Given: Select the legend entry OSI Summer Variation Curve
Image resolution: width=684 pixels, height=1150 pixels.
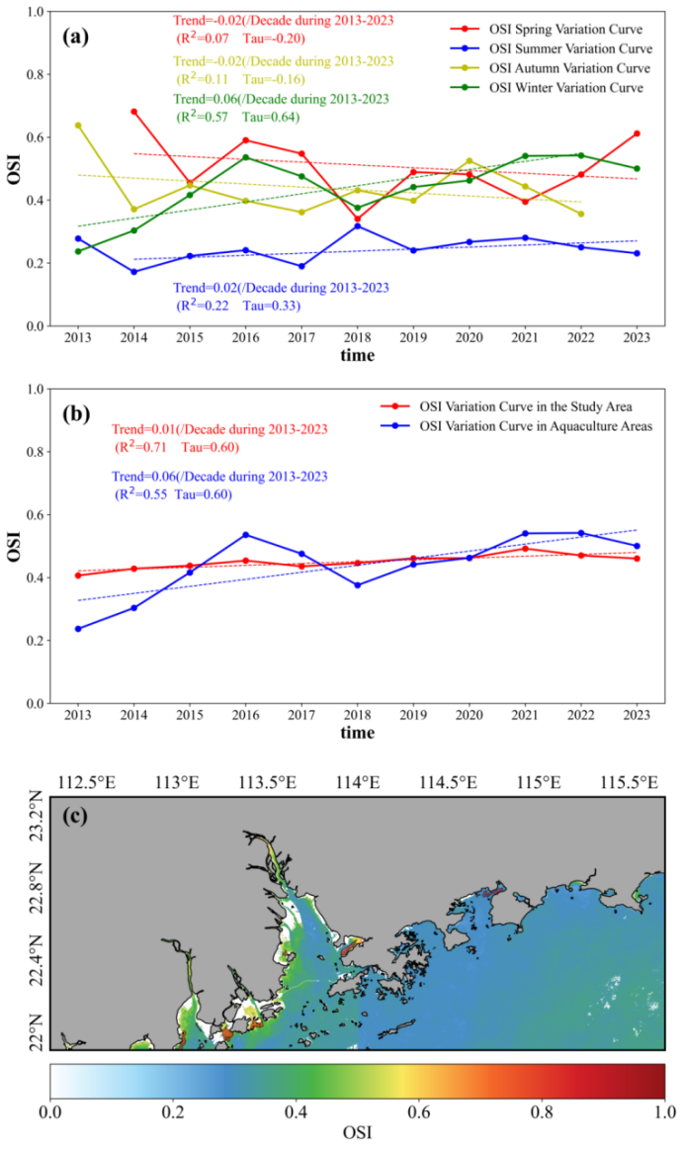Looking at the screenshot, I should (x=570, y=49).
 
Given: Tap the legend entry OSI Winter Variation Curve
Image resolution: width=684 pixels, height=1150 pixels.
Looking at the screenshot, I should (x=566, y=88).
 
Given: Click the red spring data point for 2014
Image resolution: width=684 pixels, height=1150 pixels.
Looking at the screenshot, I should (x=133, y=112).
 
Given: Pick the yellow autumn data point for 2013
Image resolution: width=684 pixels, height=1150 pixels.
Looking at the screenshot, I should (x=78, y=126).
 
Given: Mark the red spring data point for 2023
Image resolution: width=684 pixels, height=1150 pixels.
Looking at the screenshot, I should (x=638, y=133).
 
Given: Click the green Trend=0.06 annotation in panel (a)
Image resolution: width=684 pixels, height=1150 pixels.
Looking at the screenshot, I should (x=281, y=100).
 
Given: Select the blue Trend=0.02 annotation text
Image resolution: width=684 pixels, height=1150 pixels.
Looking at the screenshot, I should (x=281, y=288).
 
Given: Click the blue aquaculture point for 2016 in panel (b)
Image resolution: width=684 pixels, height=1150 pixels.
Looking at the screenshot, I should (x=245, y=535).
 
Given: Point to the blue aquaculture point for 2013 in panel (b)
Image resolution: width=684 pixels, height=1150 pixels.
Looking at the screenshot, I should (x=78, y=629).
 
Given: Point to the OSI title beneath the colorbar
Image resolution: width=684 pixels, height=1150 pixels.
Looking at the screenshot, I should (x=357, y=1133).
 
